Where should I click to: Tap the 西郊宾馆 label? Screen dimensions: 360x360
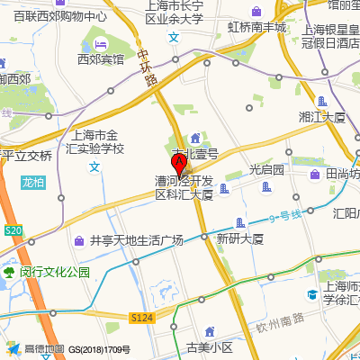[x=100, y=59]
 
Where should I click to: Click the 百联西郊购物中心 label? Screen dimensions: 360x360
[x=53, y=16]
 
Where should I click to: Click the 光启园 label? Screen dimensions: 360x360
[x=266, y=169]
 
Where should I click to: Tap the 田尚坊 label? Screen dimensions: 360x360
[x=342, y=174]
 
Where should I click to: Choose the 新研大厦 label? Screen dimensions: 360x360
[x=238, y=238]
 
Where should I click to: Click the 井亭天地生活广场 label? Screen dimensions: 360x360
[x=136, y=240]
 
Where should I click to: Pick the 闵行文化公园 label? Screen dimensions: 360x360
[x=55, y=271]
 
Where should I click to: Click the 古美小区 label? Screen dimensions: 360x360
[x=209, y=346]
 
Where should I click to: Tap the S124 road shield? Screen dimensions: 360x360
[x=141, y=318]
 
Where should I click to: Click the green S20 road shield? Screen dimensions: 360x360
[x=13, y=231]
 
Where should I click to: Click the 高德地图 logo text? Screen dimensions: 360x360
[x=44, y=349]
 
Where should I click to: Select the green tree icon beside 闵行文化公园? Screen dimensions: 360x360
[x=9, y=271]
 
